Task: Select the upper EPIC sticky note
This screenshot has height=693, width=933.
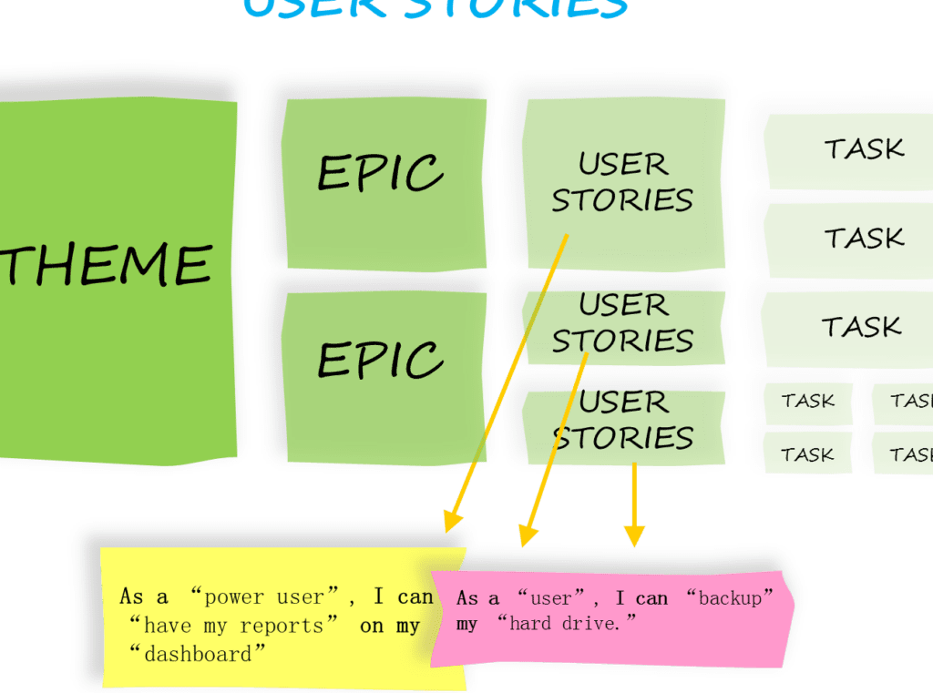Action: coord(381,173)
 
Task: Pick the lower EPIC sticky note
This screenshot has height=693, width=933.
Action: coord(381,360)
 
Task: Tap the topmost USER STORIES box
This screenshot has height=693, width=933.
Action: coord(623,182)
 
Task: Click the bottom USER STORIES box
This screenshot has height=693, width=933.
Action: coord(623,420)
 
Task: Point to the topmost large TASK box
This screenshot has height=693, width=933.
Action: coord(864,148)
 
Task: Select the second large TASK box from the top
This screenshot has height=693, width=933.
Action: coord(864,238)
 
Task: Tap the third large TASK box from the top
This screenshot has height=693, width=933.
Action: coord(861,326)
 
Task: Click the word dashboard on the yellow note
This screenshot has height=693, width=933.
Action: coord(202,655)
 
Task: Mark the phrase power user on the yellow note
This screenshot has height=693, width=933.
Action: coord(263,597)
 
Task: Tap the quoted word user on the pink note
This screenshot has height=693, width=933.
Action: coord(549,598)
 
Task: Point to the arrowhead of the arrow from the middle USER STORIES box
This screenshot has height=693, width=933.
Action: coord(527,536)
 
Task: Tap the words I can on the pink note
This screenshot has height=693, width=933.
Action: coord(641,598)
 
